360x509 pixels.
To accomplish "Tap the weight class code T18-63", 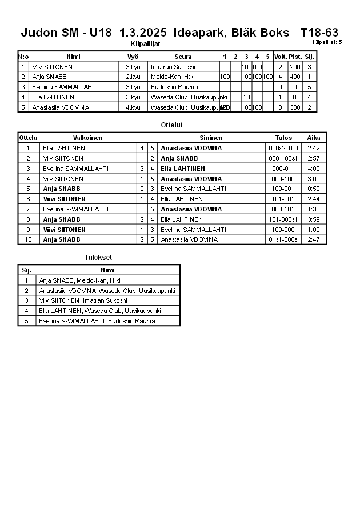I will [319, 33].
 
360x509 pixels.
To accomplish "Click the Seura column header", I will [183, 57].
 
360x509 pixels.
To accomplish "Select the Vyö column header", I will [133, 57].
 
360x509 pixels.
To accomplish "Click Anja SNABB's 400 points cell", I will [295, 77].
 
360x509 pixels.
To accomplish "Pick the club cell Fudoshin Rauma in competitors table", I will [174, 87].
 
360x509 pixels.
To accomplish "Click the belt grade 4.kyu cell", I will [133, 107].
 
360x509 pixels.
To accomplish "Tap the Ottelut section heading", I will [172, 125].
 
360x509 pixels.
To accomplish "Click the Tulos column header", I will [283, 138].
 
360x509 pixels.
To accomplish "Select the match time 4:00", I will [313, 169].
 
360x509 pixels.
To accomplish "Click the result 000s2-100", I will [283, 148].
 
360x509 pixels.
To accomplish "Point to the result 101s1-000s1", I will [283, 240].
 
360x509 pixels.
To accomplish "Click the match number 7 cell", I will [28, 209].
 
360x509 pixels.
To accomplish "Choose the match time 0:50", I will [313, 189].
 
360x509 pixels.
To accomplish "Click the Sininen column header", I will [211, 138].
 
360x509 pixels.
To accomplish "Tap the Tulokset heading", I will [98, 258].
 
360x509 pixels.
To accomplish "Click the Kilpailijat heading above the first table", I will [146, 43].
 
